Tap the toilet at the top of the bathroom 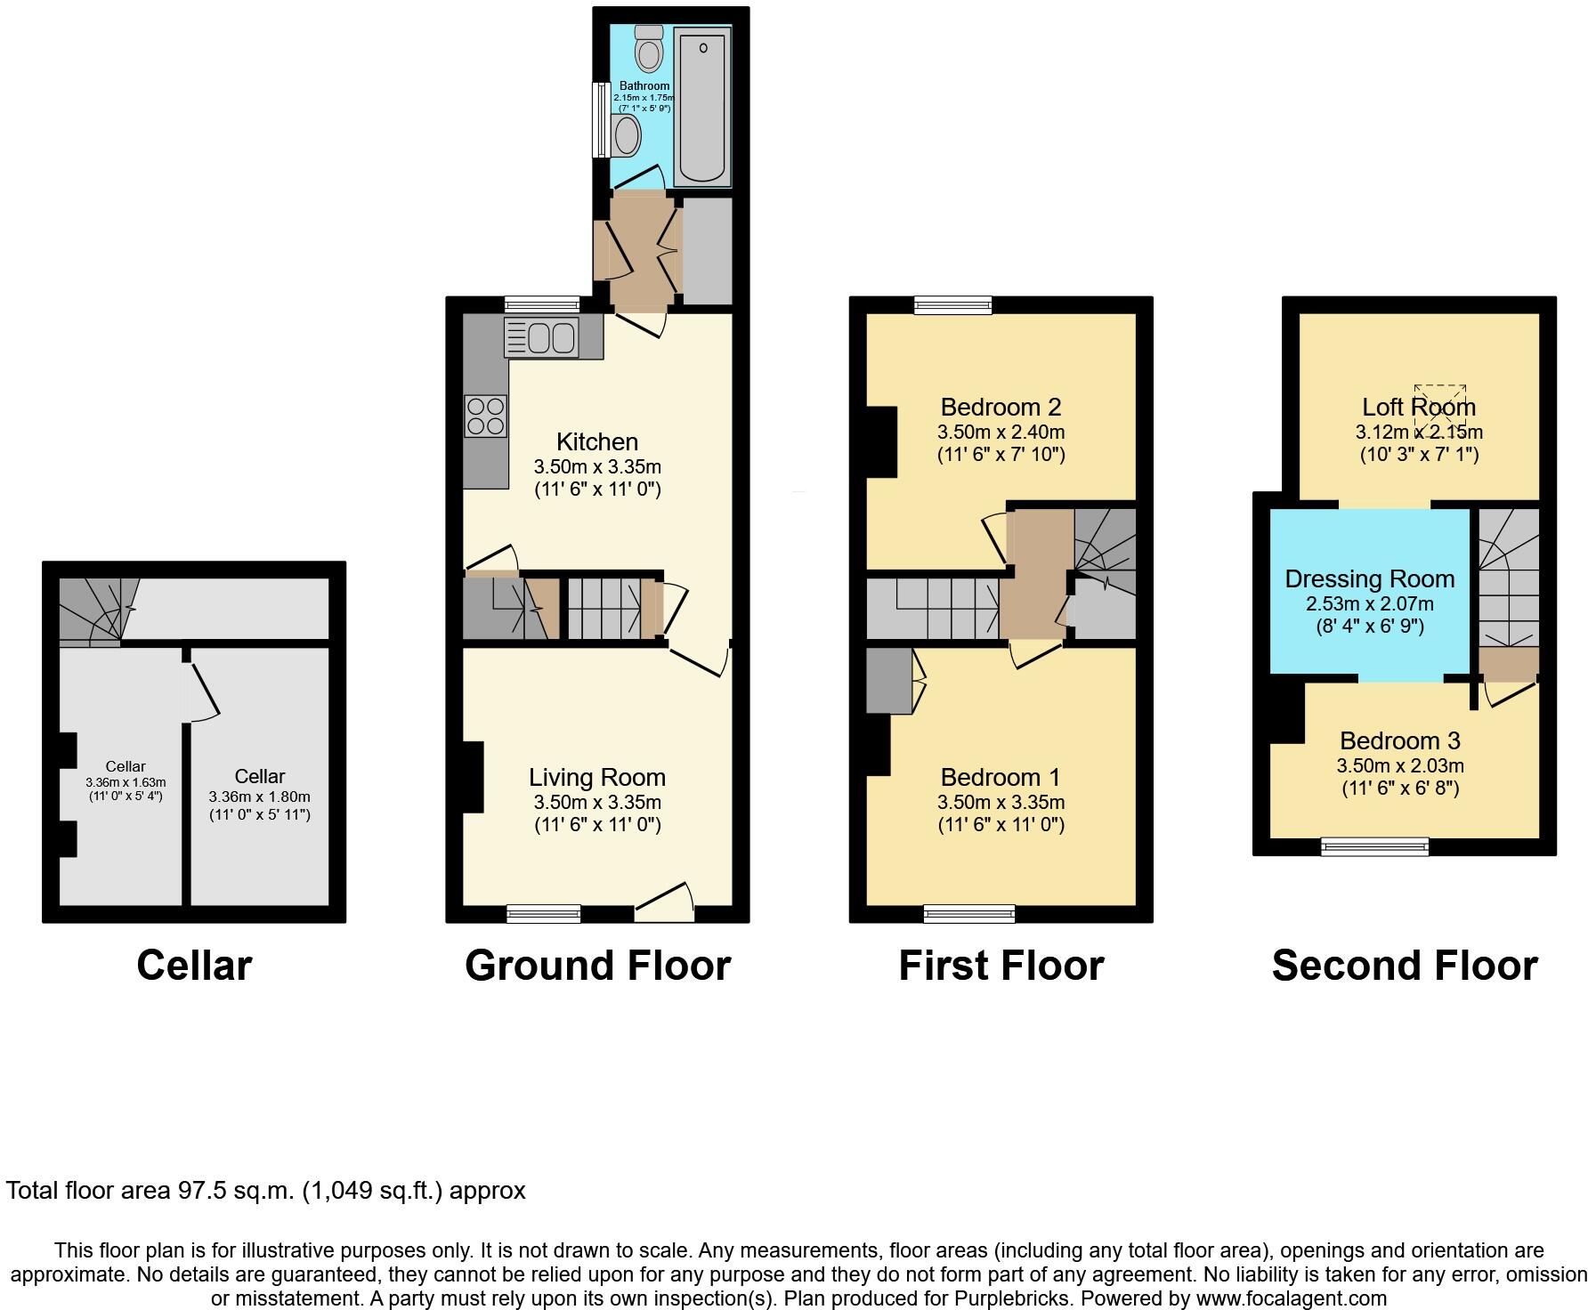coord(649,49)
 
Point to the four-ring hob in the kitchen coord(485,416)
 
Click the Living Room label coord(597,778)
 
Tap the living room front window coord(544,914)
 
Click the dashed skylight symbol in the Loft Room coord(1439,405)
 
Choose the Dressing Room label coord(1369,579)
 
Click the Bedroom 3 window coord(1374,846)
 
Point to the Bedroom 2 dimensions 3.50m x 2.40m coord(1001,433)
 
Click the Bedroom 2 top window coord(953,305)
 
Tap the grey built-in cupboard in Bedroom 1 coord(888,681)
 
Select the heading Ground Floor coord(597,966)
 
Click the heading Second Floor coord(1404,966)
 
